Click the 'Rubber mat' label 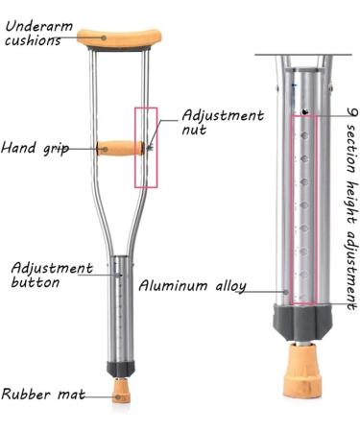[x=39, y=394]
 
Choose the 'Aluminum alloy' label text [x=192, y=286]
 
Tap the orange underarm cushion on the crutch [x=117, y=38]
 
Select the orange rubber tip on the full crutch [x=122, y=391]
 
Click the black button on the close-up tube [x=305, y=112]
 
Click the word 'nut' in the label [x=196, y=131]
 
